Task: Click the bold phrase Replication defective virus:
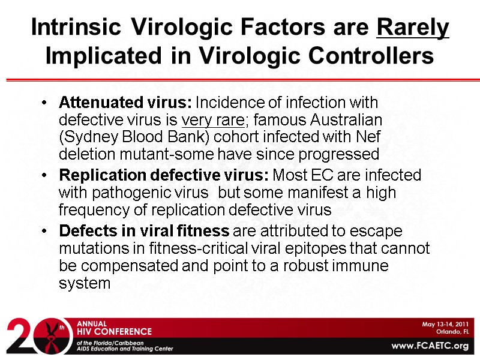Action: click(164, 176)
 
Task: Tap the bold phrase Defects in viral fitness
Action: click(144, 231)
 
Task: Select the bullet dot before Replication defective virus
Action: click(47, 176)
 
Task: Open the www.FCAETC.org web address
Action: click(430, 346)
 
